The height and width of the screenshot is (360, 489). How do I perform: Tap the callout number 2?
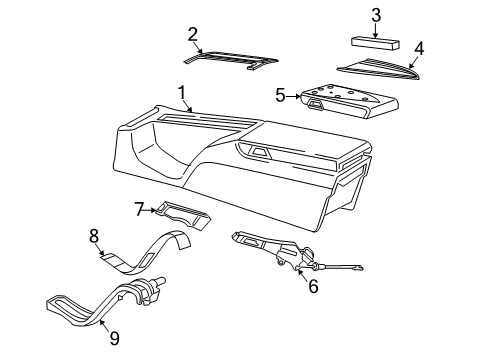coord(193,35)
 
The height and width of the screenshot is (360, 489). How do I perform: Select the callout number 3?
coord(375,14)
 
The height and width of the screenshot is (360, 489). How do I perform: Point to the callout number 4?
coord(419,47)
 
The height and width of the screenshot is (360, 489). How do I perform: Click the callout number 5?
coord(281,96)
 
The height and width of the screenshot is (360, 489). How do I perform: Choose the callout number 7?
coord(140,209)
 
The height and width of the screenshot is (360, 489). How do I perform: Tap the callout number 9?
coord(113,338)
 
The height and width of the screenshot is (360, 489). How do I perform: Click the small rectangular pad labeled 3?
coord(376,42)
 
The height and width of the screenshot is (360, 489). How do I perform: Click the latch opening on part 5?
coord(317,102)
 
